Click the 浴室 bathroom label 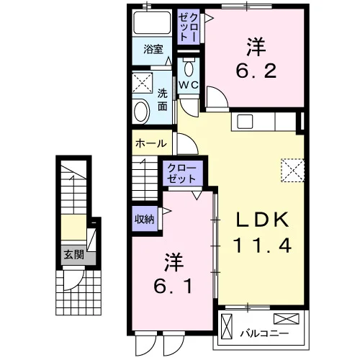(153, 49)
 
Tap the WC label (189, 85)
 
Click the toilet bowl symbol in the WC (189, 68)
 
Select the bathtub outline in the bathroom (152, 23)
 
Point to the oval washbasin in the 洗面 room (141, 112)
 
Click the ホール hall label (151, 144)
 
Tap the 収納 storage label (145, 219)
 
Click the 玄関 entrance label (74, 255)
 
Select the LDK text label (262, 220)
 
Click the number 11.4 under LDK (262, 245)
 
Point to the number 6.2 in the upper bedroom (256, 71)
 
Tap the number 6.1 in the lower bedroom (174, 287)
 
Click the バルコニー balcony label (264, 333)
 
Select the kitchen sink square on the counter (245, 122)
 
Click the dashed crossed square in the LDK (292, 170)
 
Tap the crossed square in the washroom (143, 83)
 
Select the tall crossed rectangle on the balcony (227, 326)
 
